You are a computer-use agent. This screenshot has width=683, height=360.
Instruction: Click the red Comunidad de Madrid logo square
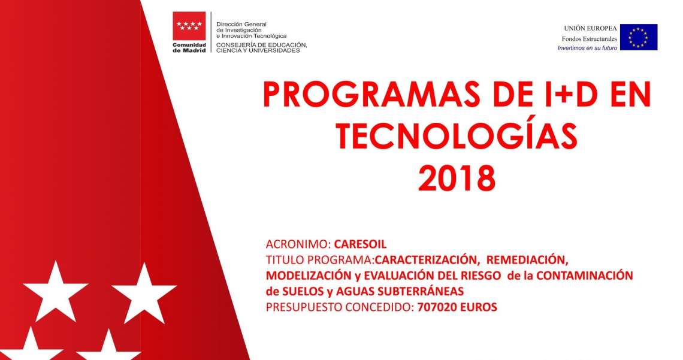[x=189, y=26]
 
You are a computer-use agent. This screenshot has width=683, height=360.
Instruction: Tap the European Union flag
[x=639, y=37]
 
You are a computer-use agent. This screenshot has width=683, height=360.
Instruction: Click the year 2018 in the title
[x=457, y=178]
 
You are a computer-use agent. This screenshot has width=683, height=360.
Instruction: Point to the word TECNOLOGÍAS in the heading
[x=457, y=136]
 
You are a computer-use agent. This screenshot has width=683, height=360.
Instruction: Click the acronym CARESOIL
[x=360, y=244]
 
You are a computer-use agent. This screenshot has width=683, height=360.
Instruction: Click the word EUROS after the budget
[x=479, y=307]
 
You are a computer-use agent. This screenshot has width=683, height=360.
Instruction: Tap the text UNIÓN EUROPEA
[x=590, y=28]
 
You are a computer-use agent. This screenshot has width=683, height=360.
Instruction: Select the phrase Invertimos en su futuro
[x=587, y=49]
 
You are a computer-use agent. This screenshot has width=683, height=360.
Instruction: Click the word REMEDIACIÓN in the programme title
[x=527, y=260]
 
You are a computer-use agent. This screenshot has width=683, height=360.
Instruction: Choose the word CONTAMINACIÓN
[x=585, y=276]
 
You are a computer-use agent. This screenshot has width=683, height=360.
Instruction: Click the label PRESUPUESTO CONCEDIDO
[x=340, y=307]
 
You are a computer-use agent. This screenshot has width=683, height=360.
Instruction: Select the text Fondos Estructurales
[x=590, y=39]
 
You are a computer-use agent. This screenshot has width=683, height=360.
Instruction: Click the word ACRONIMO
[x=299, y=244]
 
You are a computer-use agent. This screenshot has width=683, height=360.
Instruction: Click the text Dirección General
[x=241, y=25]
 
